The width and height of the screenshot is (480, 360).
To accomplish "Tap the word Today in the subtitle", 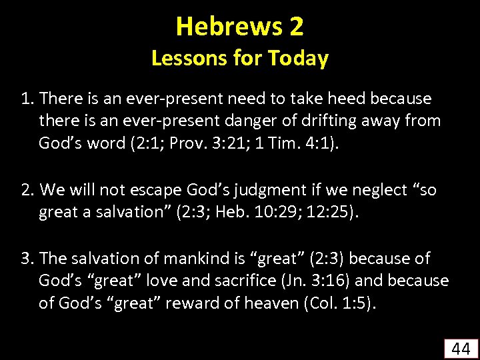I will (298, 59).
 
